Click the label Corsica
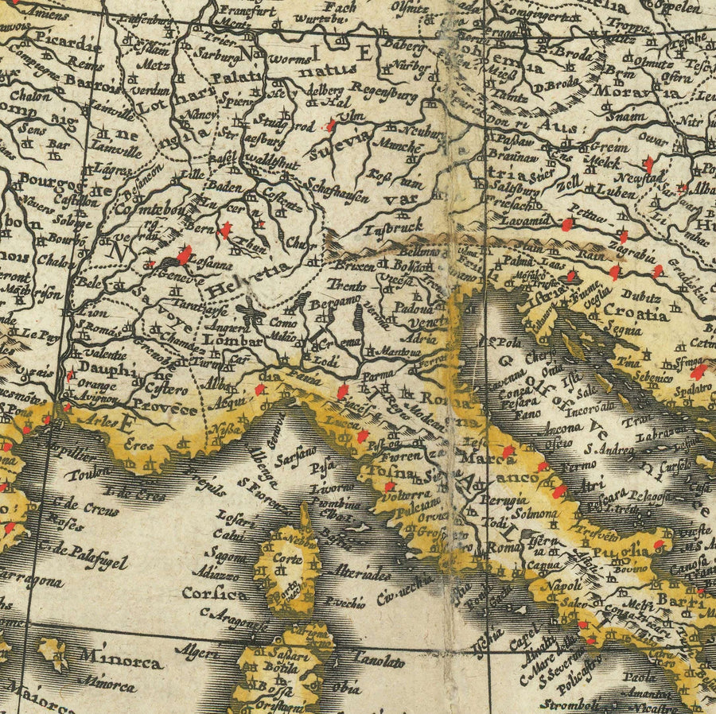click(x=214, y=593)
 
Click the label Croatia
click(x=633, y=314)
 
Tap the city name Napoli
click(x=565, y=586)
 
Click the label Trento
click(x=349, y=285)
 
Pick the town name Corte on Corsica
click(x=282, y=558)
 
